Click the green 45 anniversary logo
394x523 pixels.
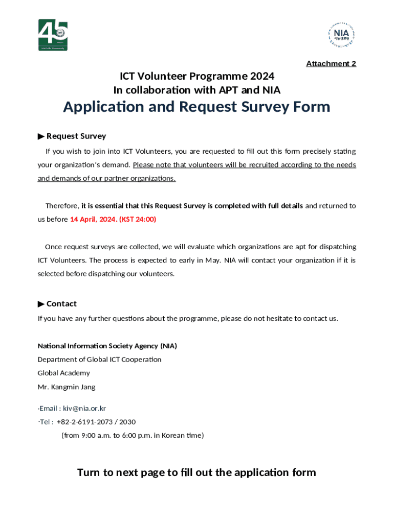click(x=53, y=35)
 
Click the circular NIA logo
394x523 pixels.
click(x=341, y=35)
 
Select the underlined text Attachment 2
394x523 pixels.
click(x=331, y=63)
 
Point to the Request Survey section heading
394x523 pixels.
click(x=76, y=136)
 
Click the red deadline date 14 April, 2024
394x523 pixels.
click(x=93, y=219)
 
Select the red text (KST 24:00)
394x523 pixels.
click(x=138, y=219)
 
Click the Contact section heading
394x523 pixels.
click(x=61, y=304)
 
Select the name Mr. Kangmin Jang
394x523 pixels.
click(x=67, y=387)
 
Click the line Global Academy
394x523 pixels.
click(x=63, y=373)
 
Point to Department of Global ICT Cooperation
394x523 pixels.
click(x=99, y=359)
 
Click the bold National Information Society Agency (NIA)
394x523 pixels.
click(x=107, y=346)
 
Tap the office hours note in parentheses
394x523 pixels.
click(x=133, y=435)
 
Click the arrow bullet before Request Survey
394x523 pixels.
click(x=41, y=136)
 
